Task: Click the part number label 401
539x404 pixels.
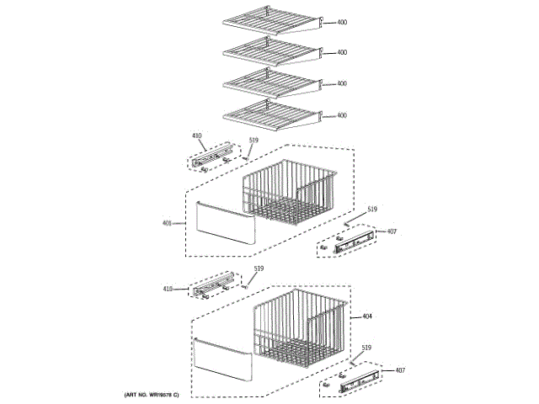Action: click(x=167, y=223)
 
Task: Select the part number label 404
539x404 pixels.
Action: click(x=367, y=316)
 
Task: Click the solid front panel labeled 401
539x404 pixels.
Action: click(x=223, y=226)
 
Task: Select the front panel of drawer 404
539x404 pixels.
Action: click(x=223, y=358)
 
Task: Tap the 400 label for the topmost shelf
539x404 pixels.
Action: click(x=342, y=23)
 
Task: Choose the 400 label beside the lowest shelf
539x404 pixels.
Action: click(x=342, y=115)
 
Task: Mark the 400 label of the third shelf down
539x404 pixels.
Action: click(x=342, y=84)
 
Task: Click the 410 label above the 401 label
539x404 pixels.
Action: click(x=197, y=136)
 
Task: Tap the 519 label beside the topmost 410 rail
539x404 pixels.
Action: click(x=253, y=141)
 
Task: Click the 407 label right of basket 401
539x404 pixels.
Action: click(x=391, y=231)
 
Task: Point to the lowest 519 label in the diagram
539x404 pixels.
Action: click(x=366, y=348)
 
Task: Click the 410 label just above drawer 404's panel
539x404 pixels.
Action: click(x=168, y=290)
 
